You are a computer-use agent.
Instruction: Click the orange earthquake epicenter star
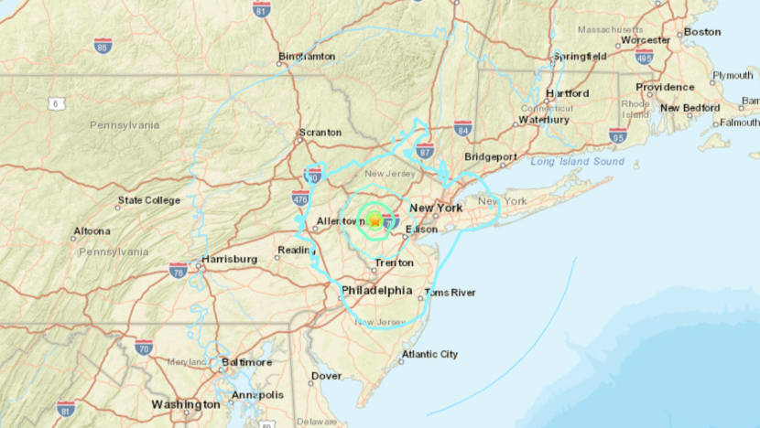(x=375, y=219)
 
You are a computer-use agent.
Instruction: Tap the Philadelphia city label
(x=376, y=291)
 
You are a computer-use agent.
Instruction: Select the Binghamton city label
(x=308, y=56)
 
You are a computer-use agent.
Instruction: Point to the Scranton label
(x=320, y=132)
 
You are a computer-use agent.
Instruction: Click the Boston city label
(x=702, y=31)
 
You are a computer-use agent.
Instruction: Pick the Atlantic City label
(x=429, y=354)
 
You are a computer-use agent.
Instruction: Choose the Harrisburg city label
(x=229, y=259)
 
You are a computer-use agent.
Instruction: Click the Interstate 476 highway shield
(x=299, y=197)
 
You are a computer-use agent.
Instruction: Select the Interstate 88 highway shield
(x=103, y=45)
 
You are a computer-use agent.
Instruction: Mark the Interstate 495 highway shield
(x=645, y=57)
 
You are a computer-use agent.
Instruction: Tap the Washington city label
(x=186, y=403)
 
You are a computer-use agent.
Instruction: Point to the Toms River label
(x=451, y=293)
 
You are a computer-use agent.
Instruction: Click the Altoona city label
(x=91, y=230)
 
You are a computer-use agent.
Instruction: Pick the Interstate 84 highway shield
(x=463, y=128)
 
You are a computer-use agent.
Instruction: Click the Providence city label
(x=665, y=88)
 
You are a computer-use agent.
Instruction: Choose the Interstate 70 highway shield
(x=144, y=348)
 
